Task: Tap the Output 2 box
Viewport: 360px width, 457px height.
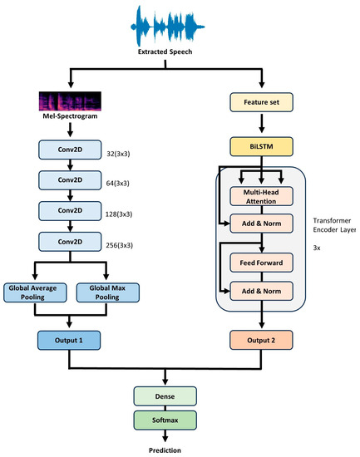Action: click(263, 339)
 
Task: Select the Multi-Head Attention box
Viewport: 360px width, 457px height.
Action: click(263, 196)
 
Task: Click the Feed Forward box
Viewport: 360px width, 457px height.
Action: click(263, 263)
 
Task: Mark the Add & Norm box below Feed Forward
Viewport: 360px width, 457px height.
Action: click(263, 292)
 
